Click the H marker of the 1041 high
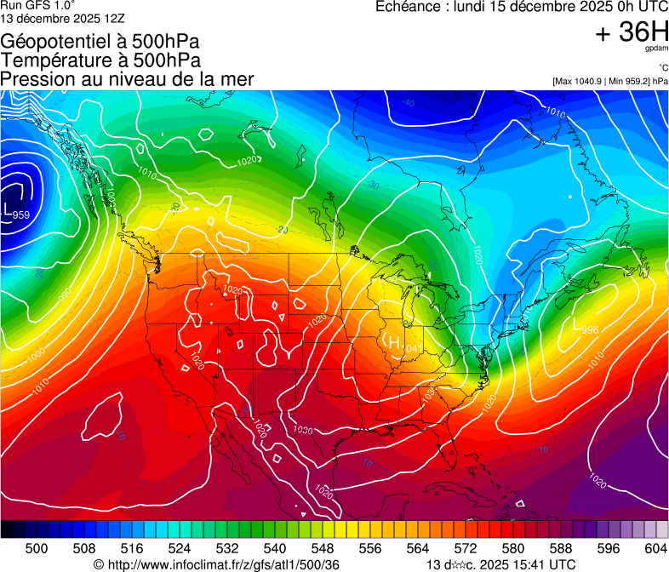point(394,341)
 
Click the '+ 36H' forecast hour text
point(632,32)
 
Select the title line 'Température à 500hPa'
point(100,60)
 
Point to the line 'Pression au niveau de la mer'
point(127,79)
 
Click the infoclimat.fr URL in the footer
point(223,564)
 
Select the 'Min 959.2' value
point(630,81)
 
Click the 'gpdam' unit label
point(656,49)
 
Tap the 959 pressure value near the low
point(21,214)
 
